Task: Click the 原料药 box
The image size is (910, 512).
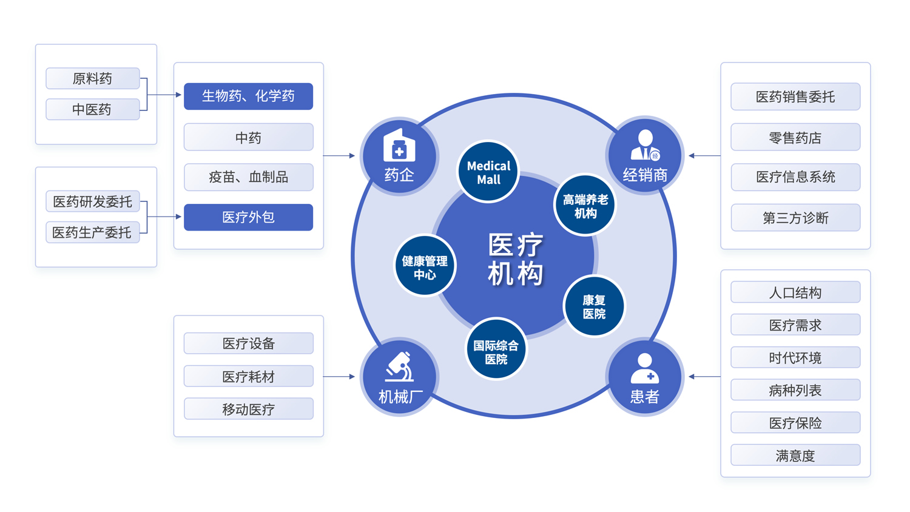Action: [93, 78]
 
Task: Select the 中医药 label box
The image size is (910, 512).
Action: [93, 109]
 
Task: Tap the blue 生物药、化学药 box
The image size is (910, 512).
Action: [248, 96]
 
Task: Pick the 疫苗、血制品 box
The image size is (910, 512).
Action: [248, 177]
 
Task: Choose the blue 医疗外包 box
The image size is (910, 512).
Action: [248, 217]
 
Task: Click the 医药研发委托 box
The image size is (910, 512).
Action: [93, 201]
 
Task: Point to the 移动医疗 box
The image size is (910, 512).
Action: [248, 409]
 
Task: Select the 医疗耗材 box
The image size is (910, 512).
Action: [248, 376]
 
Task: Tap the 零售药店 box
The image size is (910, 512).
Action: [795, 138]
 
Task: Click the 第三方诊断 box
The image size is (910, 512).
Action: [795, 218]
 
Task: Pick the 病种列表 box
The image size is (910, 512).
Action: [795, 390]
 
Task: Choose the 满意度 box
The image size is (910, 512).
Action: [795, 455]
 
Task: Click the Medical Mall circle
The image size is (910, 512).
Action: [488, 172]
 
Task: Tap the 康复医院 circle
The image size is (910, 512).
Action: [594, 306]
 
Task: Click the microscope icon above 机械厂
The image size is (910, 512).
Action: [399, 366]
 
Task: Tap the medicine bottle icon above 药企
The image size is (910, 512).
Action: [399, 146]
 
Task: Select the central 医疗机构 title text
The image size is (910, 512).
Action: [516, 259]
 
